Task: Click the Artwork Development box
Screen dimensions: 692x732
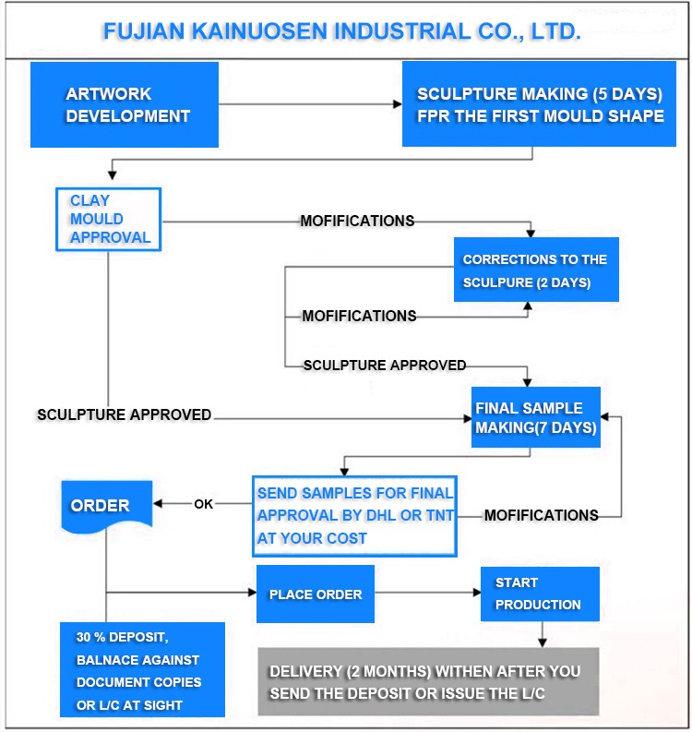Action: [x=125, y=104]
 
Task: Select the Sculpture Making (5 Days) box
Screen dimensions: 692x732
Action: [x=539, y=103]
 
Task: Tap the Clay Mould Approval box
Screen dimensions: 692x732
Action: [x=108, y=220]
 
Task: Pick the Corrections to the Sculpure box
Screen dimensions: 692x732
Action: [x=536, y=270]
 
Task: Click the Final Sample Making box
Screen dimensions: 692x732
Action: [x=536, y=417]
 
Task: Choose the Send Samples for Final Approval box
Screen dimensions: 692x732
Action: [x=354, y=516]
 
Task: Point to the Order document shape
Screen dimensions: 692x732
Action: [x=107, y=507]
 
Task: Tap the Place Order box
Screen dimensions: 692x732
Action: [x=316, y=594]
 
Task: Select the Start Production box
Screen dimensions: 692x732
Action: [x=540, y=594]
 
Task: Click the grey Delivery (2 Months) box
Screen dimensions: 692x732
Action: [x=428, y=681]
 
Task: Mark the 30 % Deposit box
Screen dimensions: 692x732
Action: [x=142, y=669]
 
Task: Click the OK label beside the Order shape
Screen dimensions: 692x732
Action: [x=203, y=504]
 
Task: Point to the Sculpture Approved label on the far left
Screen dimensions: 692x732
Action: [x=125, y=414]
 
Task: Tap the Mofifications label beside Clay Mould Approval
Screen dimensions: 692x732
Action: [x=357, y=221]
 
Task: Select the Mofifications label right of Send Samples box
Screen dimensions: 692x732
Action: [x=542, y=515]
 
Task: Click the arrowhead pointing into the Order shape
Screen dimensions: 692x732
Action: [x=157, y=503]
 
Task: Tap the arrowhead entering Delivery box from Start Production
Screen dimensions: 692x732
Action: [x=543, y=642]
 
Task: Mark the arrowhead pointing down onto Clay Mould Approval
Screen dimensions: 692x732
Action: [x=112, y=175]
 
